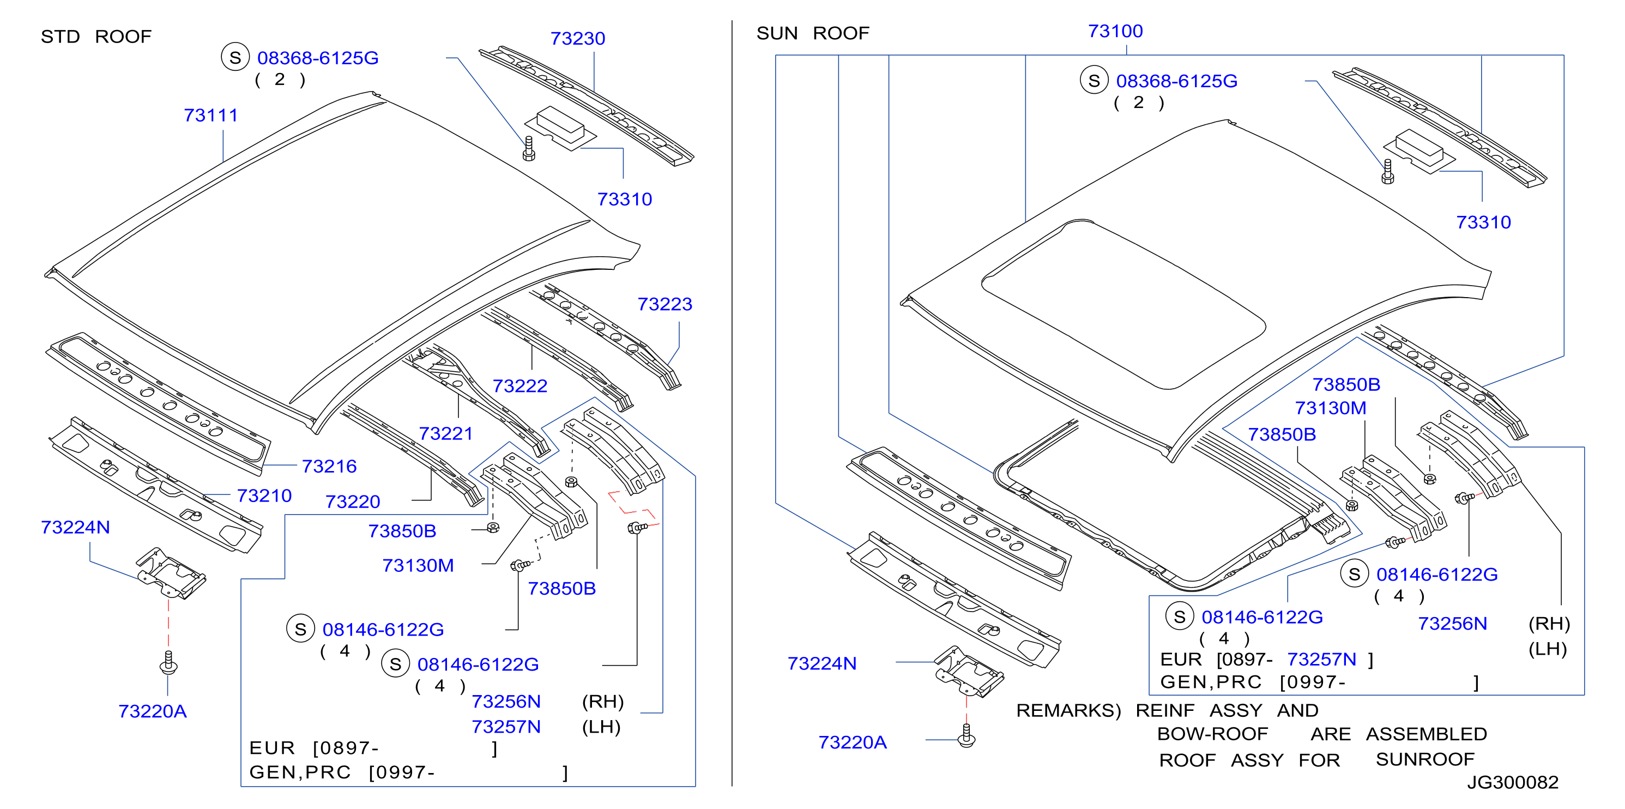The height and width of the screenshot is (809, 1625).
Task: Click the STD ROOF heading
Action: (x=96, y=37)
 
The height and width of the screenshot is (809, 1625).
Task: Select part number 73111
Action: (x=211, y=116)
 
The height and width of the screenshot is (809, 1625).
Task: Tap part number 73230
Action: (x=578, y=39)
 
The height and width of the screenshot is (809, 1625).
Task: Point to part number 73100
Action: (x=1115, y=31)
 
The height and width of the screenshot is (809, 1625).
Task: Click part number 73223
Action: (x=665, y=304)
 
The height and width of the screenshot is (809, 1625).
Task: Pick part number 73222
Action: (x=520, y=385)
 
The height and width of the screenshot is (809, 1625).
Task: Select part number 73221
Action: (x=446, y=433)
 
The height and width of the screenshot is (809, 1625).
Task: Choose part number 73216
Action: (x=329, y=466)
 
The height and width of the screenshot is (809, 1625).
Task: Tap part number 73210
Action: (x=264, y=496)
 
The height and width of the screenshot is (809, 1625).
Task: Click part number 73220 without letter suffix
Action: (x=353, y=502)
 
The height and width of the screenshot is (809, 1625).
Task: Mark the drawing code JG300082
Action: (x=1513, y=782)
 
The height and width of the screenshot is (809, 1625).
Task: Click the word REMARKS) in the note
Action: (x=1068, y=710)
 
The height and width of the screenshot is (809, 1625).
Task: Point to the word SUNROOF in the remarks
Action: (x=1425, y=759)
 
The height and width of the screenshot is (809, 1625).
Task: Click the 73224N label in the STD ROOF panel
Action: (x=75, y=527)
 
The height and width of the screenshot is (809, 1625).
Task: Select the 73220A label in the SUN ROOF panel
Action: (x=852, y=742)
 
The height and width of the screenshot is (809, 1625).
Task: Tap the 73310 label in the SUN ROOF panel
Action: (x=1484, y=222)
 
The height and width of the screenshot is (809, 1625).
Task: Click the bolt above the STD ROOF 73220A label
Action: (x=168, y=662)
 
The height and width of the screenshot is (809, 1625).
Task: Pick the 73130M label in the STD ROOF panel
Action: (x=418, y=565)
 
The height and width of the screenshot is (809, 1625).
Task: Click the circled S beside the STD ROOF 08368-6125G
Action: (x=235, y=57)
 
